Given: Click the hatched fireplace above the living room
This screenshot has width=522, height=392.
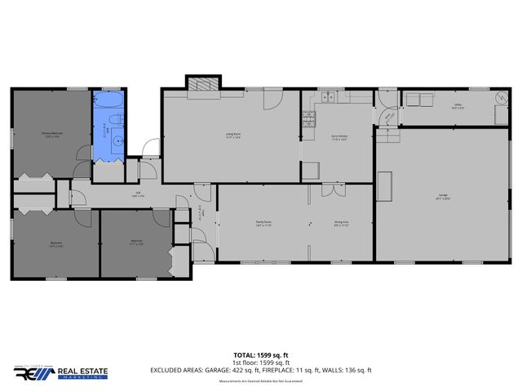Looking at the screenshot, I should click(202, 83).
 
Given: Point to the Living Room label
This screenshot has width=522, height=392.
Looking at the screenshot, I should click(232, 136).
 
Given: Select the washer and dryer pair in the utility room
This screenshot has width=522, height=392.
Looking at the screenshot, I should click(418, 100).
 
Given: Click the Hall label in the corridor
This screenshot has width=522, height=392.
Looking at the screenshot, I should click(139, 194).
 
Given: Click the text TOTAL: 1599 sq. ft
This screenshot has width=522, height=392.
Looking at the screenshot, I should click(260, 355).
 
